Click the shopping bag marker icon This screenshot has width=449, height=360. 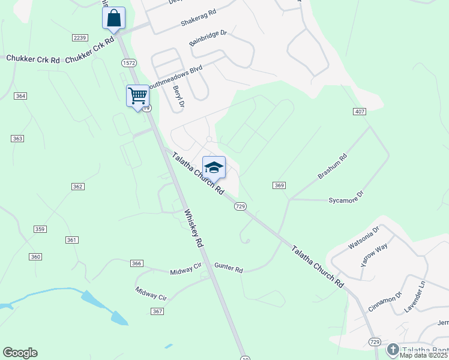[113, 18]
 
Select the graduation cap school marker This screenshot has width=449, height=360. [214, 167]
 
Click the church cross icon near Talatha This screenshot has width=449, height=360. [393, 349]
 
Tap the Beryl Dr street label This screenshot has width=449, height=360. [178, 97]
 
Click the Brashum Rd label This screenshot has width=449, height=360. [333, 166]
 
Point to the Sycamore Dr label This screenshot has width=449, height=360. [346, 198]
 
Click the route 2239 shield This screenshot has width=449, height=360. [80, 38]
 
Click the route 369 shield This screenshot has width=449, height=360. [279, 185]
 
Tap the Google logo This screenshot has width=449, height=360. [20, 353]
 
